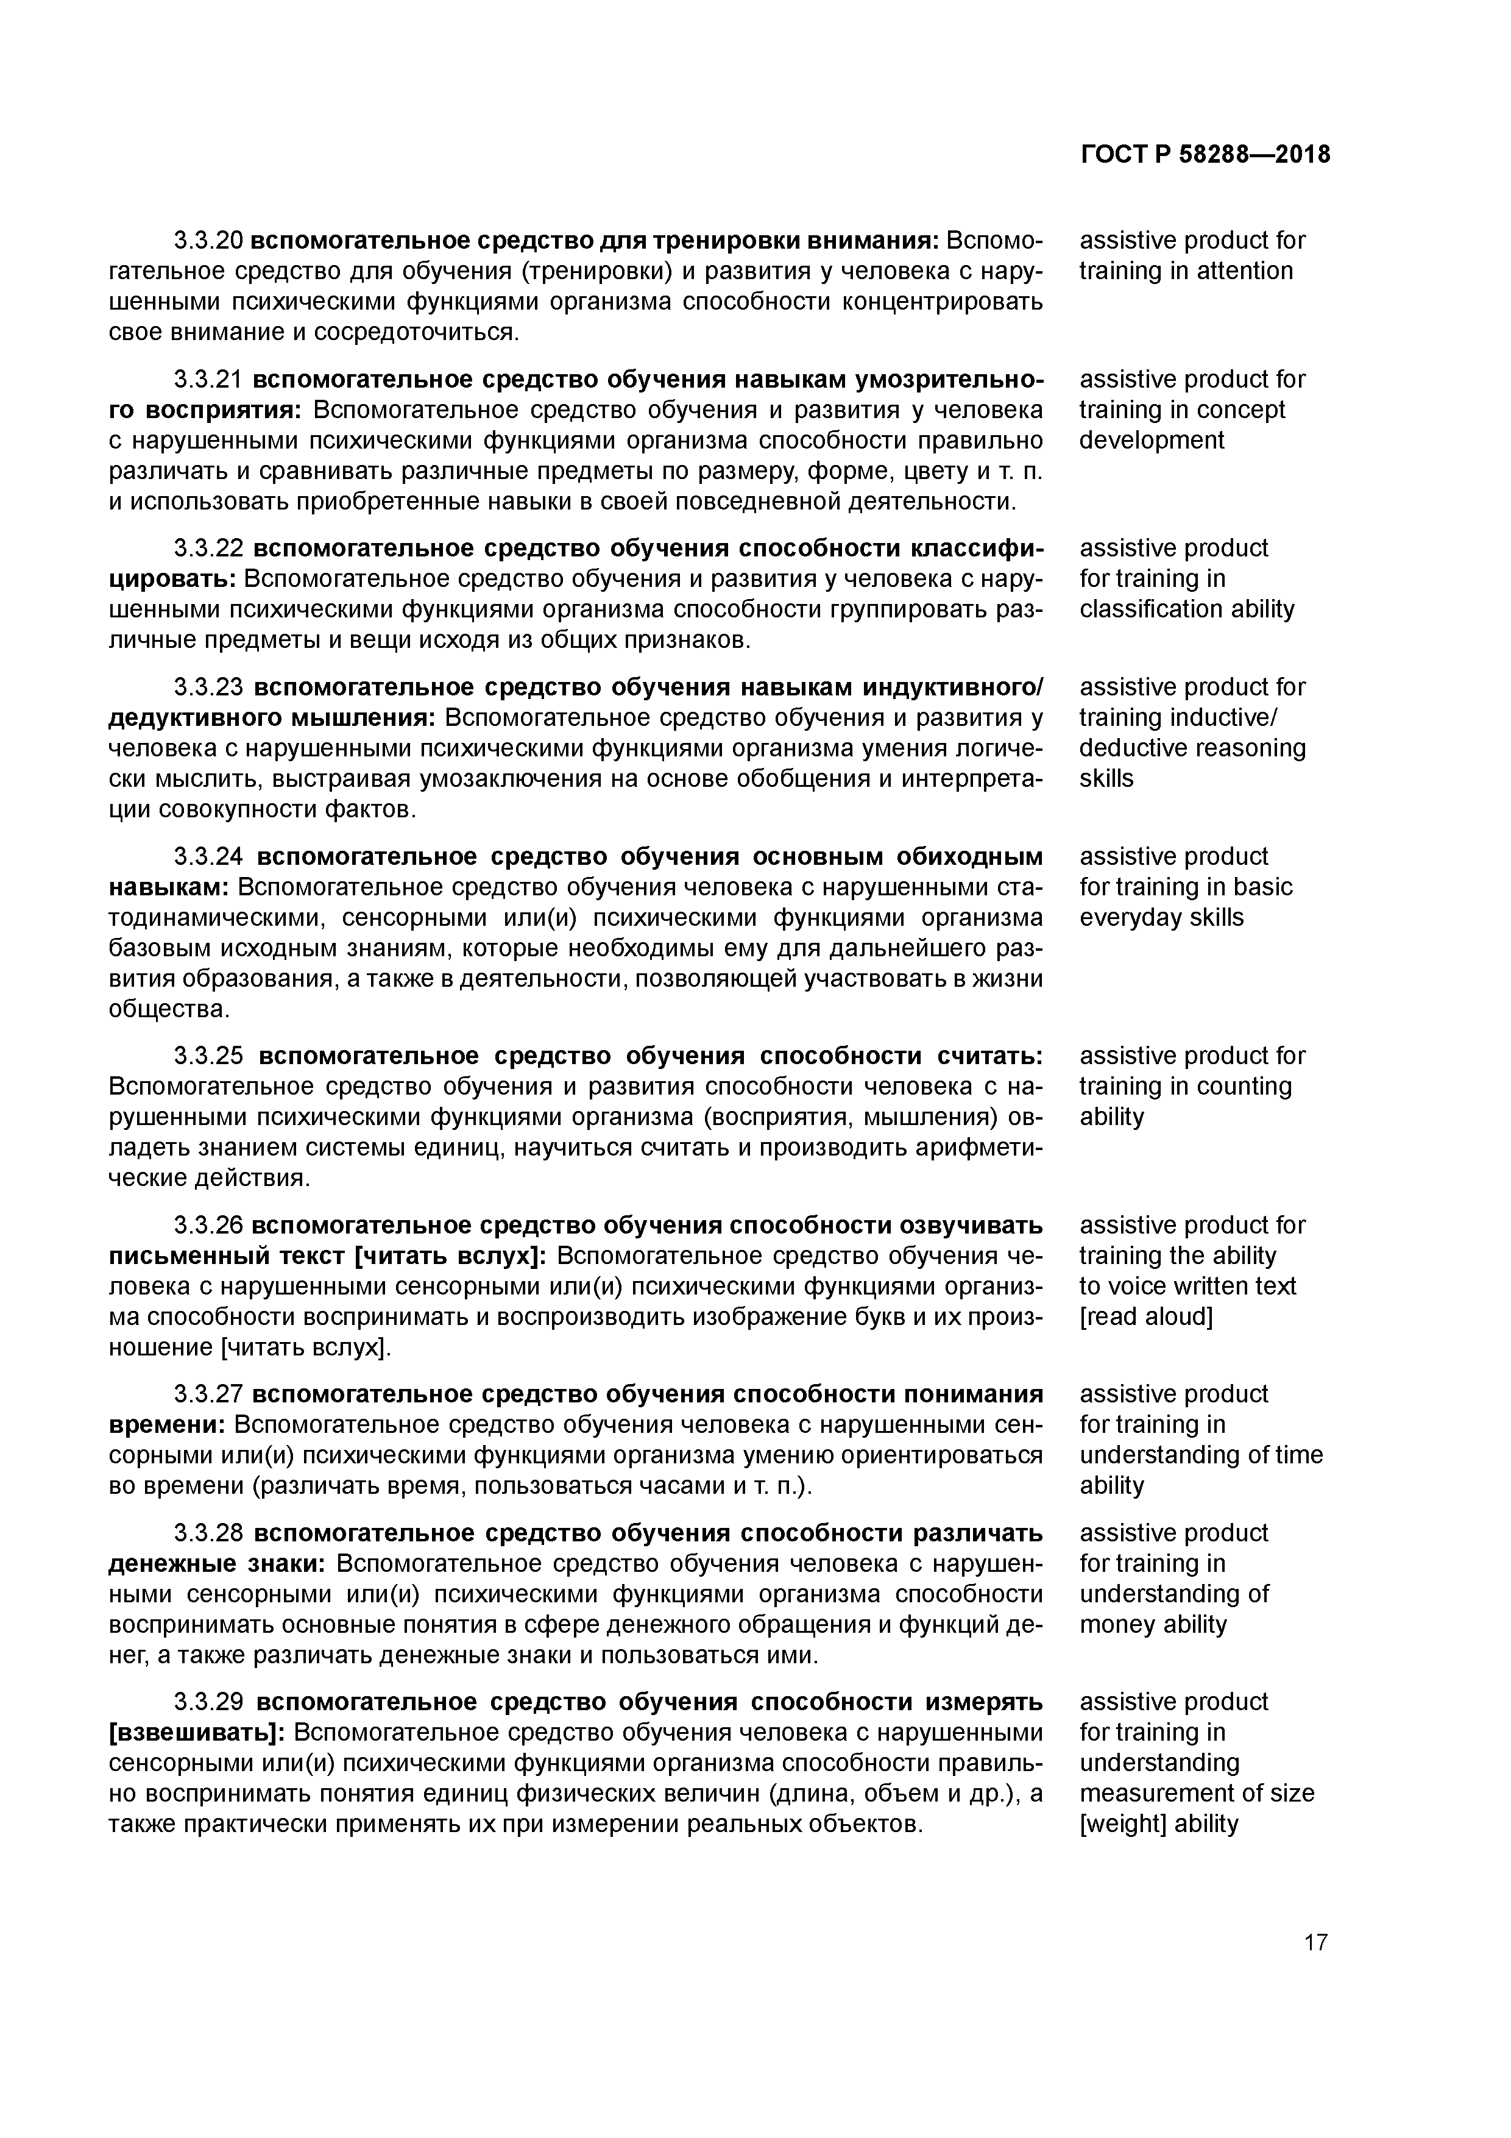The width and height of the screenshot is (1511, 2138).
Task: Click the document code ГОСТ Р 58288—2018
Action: pyautogui.click(x=1206, y=155)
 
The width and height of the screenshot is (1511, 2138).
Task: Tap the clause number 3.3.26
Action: pyautogui.click(x=208, y=1224)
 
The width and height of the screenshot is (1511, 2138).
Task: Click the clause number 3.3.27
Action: pyautogui.click(x=208, y=1394)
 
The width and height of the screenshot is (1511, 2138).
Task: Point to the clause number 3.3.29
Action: pyautogui.click(x=208, y=1701)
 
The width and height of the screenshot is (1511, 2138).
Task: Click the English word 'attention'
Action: pyautogui.click(x=1245, y=271)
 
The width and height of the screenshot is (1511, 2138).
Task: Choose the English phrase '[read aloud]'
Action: pyautogui.click(x=1146, y=1316)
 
